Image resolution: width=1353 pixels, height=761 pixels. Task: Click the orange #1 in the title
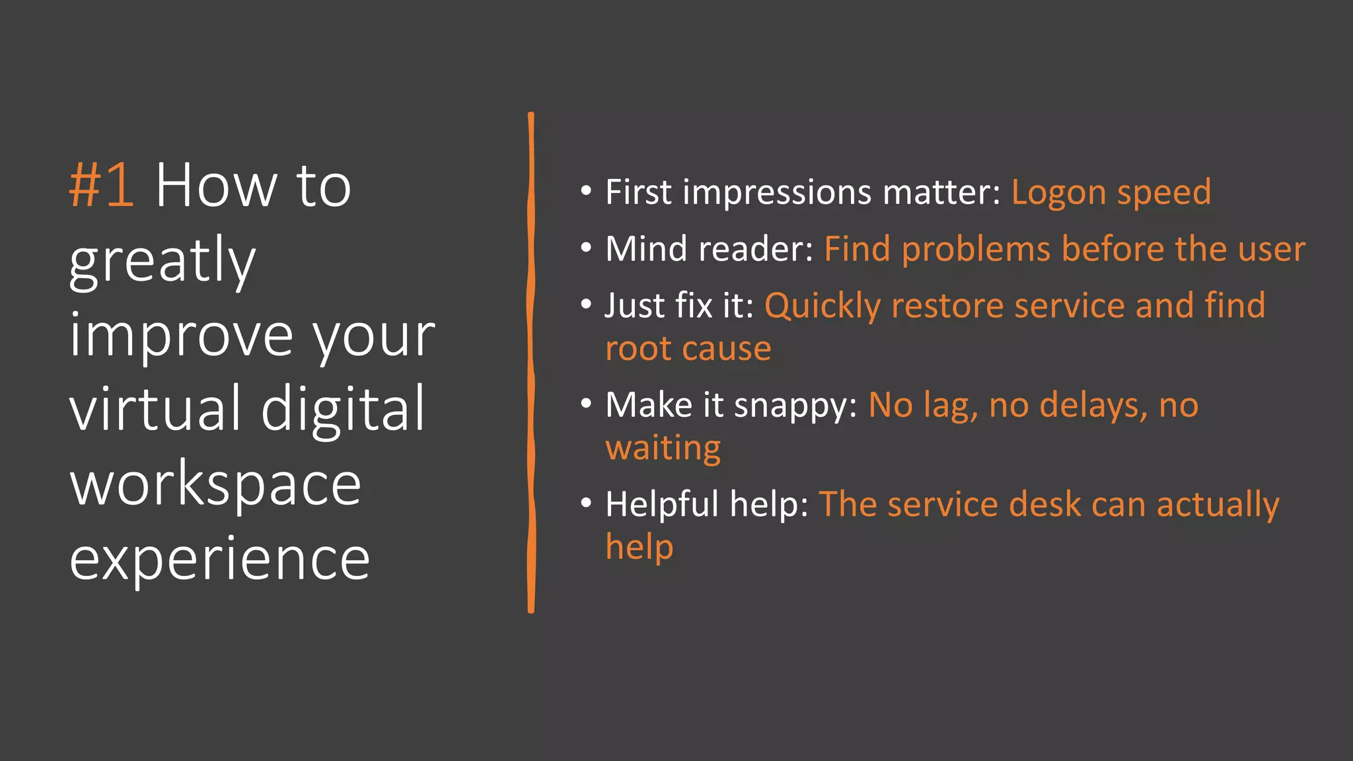102,186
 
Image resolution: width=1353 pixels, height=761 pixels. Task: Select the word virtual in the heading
156,410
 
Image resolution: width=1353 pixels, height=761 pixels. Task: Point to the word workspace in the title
215,486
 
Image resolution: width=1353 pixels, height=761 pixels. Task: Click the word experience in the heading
219,560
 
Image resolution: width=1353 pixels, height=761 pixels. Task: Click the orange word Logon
1058,193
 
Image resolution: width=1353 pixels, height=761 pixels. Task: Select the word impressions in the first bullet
777,193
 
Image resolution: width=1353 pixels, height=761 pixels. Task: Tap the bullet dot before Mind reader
586,248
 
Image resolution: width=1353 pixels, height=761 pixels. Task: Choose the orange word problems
976,250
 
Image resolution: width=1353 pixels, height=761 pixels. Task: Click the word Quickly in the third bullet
822,307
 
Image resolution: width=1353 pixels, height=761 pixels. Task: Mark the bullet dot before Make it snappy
586,403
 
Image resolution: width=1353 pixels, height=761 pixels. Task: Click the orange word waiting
663,449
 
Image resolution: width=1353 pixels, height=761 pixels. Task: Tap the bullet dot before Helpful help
586,503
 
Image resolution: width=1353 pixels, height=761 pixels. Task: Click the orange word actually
1218,506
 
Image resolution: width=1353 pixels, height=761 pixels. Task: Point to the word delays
1093,406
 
